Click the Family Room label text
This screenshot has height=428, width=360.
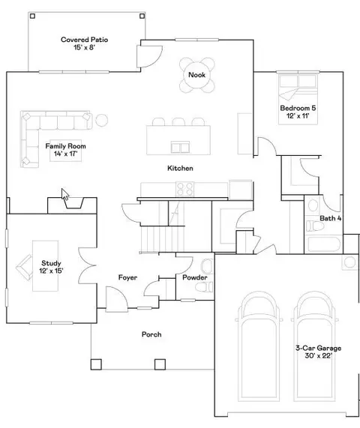pyautogui.click(x=65, y=146)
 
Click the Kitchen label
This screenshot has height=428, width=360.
pyautogui.click(x=180, y=169)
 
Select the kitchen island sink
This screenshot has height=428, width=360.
pyautogui.click(x=180, y=145)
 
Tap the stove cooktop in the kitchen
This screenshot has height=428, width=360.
pyautogui.click(x=186, y=190)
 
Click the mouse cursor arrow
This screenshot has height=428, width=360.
pyautogui.click(x=65, y=196)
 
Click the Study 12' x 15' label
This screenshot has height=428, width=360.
pyautogui.click(x=51, y=267)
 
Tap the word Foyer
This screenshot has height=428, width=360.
pyautogui.click(x=127, y=278)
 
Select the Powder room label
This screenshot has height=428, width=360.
pyautogui.click(x=194, y=278)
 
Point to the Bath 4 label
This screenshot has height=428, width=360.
pyautogui.click(x=330, y=219)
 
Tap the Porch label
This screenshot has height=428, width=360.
pyautogui.click(x=151, y=334)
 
